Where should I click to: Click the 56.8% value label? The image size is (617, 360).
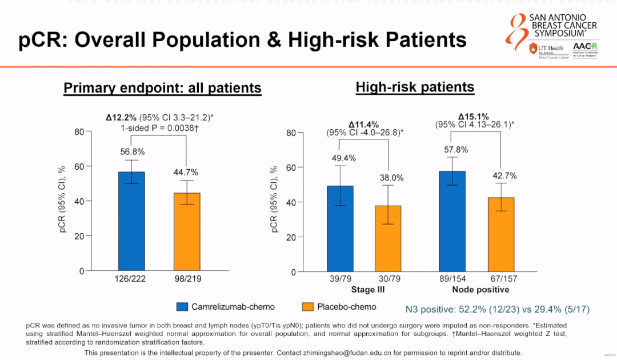pos(132,152)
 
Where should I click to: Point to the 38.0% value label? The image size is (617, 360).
pos(392,178)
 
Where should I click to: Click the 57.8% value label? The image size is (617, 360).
pos(452,150)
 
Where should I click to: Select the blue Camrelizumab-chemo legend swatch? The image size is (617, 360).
pos(182,307)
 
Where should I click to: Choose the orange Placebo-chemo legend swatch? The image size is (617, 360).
pos(307,307)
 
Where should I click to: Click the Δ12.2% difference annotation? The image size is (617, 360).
pos(121,117)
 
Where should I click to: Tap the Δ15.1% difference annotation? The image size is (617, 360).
pos(474,117)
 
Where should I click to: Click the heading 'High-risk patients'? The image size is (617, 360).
pos(415,87)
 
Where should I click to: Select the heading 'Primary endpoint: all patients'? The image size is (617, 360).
pos(162,88)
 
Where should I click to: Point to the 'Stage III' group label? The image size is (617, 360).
pos(367,289)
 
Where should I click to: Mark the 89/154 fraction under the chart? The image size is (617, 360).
pos(452,279)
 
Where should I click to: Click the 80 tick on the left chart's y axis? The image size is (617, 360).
pos(79,132)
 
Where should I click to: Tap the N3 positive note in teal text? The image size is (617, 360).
pos(497,309)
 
